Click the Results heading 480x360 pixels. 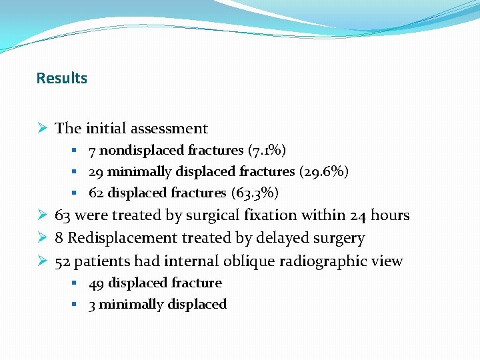(x=61, y=78)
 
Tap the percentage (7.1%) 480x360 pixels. (x=267, y=150)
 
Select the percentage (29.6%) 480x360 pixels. (x=323, y=171)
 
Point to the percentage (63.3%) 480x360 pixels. (x=255, y=193)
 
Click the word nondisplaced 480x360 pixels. (x=138, y=150)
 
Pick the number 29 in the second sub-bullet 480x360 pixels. (x=97, y=171)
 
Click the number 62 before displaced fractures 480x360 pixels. (x=97, y=193)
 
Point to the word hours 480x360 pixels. (x=389, y=215)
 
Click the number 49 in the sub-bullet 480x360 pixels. (x=97, y=283)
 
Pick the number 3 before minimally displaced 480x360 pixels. (x=93, y=304)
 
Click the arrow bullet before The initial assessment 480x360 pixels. (x=43, y=128)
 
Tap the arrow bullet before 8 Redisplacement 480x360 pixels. (x=43, y=238)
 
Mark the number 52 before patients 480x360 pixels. (x=63, y=261)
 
